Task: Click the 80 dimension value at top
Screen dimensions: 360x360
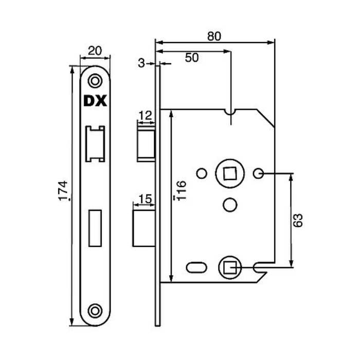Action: pos(214,37)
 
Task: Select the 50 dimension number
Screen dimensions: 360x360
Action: pos(192,58)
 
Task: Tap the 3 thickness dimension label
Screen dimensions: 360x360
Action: pos(141,63)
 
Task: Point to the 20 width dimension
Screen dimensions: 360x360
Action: pos(95,51)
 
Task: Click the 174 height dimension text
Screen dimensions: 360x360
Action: pos(63,191)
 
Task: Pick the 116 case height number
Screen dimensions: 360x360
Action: pos(182,190)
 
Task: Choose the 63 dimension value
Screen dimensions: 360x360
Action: pos(298,221)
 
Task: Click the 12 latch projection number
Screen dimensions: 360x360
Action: pos(146,116)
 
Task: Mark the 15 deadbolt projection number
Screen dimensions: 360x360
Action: pos(146,199)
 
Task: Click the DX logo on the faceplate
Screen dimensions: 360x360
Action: pos(95,101)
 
